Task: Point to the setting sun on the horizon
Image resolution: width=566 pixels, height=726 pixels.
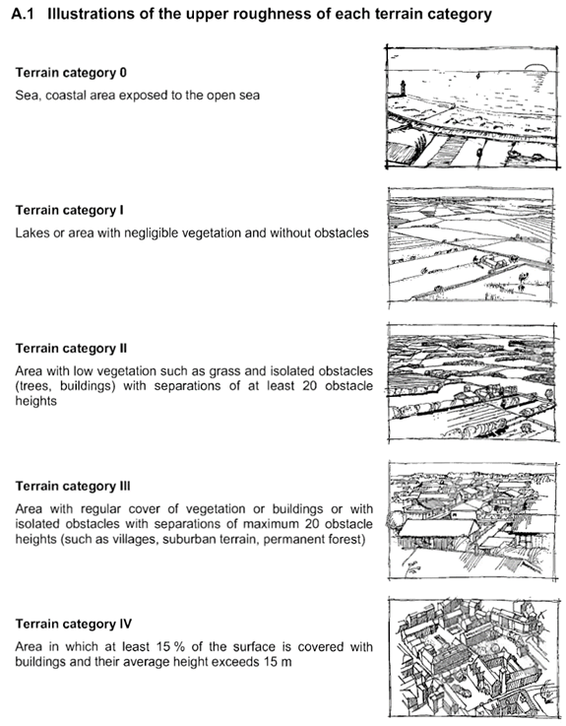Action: click(536, 68)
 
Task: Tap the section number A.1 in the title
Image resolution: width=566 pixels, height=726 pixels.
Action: click(23, 15)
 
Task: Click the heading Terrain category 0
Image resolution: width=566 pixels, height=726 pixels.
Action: click(71, 73)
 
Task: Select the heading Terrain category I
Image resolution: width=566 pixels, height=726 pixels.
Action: click(70, 210)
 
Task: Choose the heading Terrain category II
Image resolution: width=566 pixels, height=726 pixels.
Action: click(71, 348)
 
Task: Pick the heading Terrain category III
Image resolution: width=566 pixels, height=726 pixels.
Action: click(73, 487)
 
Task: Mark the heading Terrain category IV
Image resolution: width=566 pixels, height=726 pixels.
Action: click(74, 625)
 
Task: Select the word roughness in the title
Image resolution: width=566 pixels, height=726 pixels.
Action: click(265, 15)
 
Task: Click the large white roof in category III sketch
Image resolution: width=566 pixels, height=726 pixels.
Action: click(437, 527)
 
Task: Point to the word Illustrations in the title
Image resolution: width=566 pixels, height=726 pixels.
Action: click(86, 15)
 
